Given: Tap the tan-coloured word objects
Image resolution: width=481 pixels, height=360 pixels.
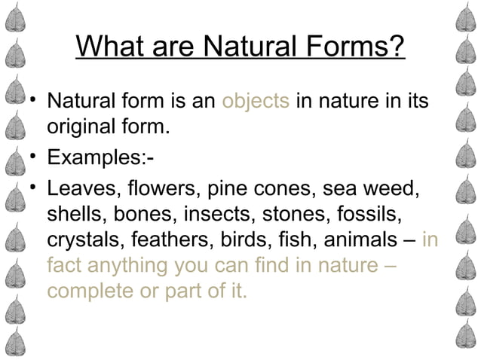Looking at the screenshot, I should tap(256, 100).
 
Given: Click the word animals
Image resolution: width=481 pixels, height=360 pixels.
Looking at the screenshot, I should tap(364, 240).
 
